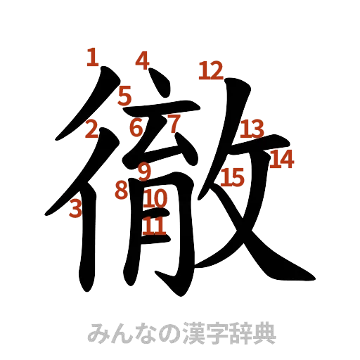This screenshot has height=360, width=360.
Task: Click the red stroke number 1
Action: (x=91, y=56)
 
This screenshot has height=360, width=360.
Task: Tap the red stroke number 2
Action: (x=91, y=129)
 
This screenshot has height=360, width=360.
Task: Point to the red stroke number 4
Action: (x=143, y=60)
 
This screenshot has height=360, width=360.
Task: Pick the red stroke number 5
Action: (x=125, y=94)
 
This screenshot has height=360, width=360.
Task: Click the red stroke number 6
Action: (x=136, y=127)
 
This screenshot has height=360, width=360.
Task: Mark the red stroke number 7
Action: (x=173, y=124)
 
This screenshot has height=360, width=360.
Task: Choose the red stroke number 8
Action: (x=121, y=189)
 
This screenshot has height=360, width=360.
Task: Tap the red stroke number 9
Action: (x=144, y=170)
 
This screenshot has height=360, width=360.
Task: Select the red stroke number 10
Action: (x=155, y=198)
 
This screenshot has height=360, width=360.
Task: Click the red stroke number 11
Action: (x=155, y=226)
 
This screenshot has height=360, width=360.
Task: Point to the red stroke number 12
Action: (x=210, y=70)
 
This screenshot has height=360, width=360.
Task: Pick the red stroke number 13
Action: (x=251, y=129)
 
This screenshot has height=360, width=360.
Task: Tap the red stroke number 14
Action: (x=282, y=160)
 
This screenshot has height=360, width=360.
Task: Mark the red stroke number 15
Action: (x=232, y=177)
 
